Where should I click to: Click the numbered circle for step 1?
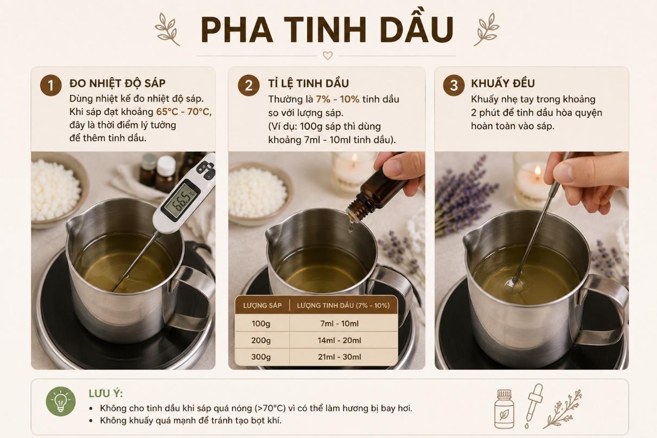click(51, 85)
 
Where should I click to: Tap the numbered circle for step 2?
click(248, 85)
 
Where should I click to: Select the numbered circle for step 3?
click(454, 85)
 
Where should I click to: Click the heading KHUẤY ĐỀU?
click(503, 84)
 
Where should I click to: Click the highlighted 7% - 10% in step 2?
click(337, 99)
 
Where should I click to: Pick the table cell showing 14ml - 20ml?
click(340, 340)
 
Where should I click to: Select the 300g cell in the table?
click(261, 357)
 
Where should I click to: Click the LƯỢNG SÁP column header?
click(262, 306)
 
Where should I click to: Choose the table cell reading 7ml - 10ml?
click(340, 323)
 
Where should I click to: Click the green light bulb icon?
click(61, 401)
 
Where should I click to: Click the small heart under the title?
click(328, 55)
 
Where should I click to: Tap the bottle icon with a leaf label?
click(504, 409)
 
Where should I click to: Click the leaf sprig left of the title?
click(167, 29)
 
